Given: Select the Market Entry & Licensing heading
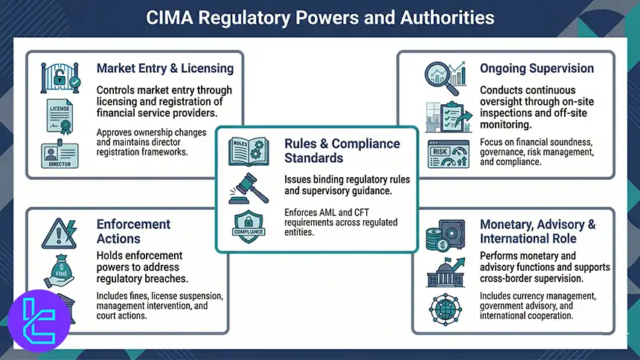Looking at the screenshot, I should [x=164, y=68].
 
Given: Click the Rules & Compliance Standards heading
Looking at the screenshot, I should [x=342, y=151].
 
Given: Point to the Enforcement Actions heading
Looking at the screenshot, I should [x=133, y=231].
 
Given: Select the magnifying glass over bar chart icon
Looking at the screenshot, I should [x=444, y=75].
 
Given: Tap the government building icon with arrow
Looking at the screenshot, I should [x=445, y=273].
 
